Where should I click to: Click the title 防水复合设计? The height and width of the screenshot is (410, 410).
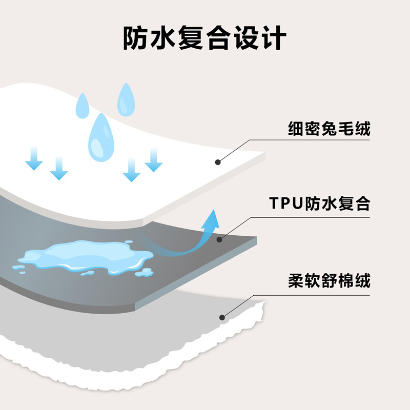click(x=204, y=38)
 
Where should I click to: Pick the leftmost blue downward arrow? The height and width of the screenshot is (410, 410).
click(x=34, y=157)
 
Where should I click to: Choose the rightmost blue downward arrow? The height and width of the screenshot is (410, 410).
click(x=153, y=160)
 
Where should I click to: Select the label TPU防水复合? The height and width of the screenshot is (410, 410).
click(x=319, y=204)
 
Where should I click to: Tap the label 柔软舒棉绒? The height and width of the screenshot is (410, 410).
click(x=329, y=281)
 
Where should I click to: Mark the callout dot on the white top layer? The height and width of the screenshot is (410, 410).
click(x=218, y=162)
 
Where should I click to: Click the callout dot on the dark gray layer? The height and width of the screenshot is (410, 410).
click(x=219, y=239)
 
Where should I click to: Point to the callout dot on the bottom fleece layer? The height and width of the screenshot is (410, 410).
click(x=222, y=317)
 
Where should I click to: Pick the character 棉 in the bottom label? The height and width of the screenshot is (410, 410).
click(x=345, y=281)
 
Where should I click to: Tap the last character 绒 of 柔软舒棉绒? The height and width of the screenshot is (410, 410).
click(x=362, y=281)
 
